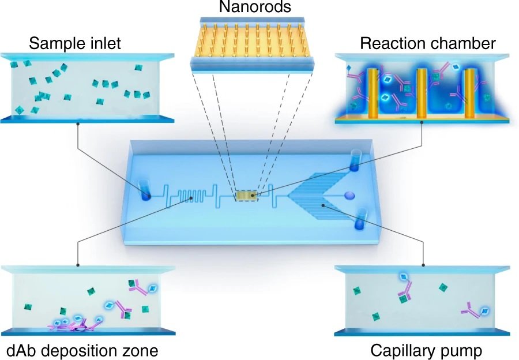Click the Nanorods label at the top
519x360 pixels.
point(259,8)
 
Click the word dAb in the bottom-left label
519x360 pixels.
point(21,350)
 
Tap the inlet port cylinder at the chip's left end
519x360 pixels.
point(145,191)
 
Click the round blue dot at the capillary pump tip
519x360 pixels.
point(349,196)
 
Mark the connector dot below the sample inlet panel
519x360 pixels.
point(78,123)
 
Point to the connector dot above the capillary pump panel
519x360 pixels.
point(423,266)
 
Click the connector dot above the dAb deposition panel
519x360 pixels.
point(78,266)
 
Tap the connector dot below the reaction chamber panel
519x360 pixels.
point(423,123)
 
